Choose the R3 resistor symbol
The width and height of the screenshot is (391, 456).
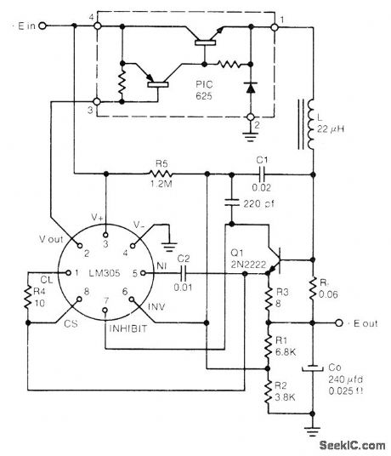(266, 297)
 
